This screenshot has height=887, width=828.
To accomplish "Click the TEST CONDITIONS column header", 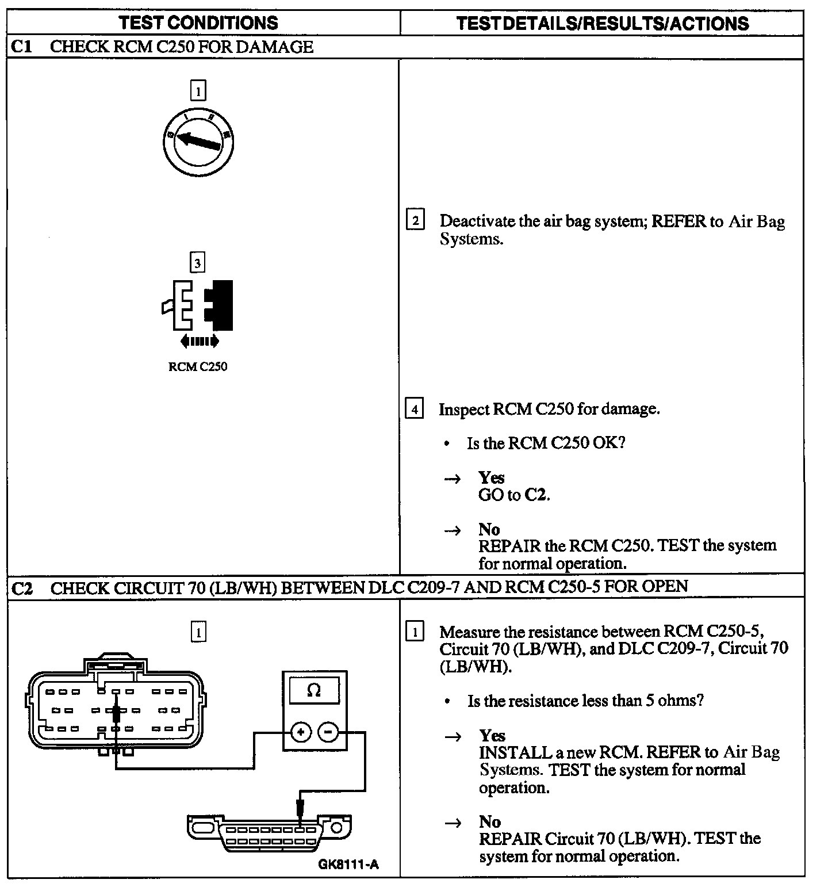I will [198, 23].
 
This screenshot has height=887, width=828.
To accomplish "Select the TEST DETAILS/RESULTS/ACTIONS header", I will [602, 23].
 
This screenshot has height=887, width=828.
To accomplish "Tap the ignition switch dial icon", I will [198, 139].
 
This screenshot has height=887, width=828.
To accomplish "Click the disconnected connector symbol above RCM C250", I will [198, 305].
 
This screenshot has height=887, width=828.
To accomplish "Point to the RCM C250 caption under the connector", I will [198, 367].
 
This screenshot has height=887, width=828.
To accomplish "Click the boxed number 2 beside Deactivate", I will [415, 221].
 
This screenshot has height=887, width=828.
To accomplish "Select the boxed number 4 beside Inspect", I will [415, 410].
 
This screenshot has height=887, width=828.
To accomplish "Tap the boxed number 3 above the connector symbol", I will [197, 263].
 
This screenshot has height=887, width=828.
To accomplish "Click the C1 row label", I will [22, 47].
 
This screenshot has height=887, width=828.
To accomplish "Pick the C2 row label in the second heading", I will [23, 588].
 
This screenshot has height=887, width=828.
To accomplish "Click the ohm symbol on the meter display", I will [314, 690].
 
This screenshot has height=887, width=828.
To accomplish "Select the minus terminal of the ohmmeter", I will [328, 732].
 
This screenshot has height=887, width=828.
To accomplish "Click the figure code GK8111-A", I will [348, 865].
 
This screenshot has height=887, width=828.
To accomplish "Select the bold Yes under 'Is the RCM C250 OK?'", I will [492, 478].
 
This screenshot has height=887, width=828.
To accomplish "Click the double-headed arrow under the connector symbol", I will [200, 341].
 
